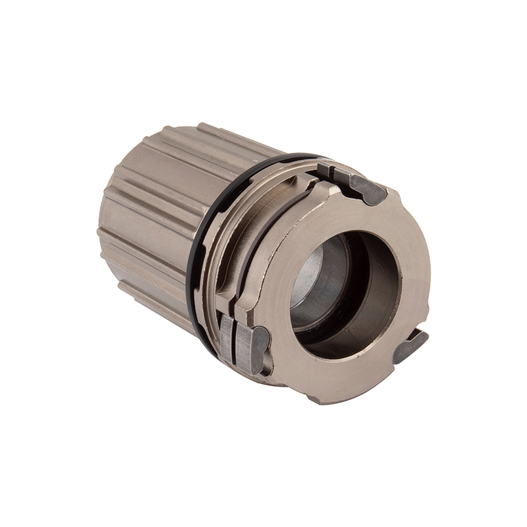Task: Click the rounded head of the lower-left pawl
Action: pos(260,343)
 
